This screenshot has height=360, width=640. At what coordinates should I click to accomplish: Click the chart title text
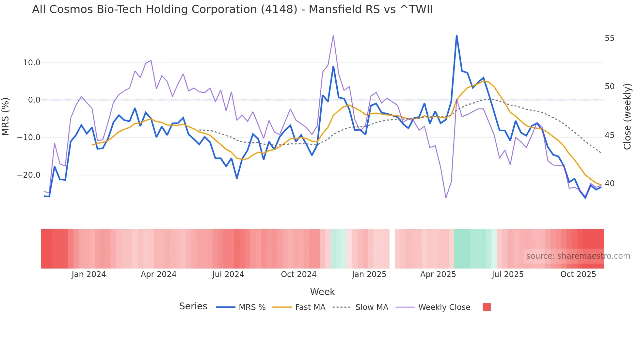click(232, 9)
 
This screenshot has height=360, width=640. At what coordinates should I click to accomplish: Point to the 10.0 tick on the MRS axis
click(32, 63)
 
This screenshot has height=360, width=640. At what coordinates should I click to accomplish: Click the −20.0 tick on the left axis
click(29, 175)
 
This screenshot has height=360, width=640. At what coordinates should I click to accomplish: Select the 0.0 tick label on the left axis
click(34, 100)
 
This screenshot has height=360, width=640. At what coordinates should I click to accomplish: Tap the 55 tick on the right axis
click(609, 38)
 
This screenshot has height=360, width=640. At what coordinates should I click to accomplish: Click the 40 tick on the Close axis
click(609, 184)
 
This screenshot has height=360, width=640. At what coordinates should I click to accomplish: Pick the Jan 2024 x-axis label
click(89, 274)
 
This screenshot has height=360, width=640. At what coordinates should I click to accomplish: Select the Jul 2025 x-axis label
click(507, 274)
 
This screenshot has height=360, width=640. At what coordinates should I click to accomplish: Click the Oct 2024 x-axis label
click(298, 274)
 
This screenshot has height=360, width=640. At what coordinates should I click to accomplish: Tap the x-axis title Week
click(322, 292)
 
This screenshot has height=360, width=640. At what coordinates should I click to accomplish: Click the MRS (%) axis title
click(6, 116)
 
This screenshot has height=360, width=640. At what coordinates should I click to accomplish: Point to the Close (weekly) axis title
click(627, 116)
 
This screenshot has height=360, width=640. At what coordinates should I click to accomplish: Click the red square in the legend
click(487, 307)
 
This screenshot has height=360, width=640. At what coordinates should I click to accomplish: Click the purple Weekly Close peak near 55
click(333, 35)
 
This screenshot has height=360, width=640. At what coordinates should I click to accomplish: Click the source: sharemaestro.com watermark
click(578, 256)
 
